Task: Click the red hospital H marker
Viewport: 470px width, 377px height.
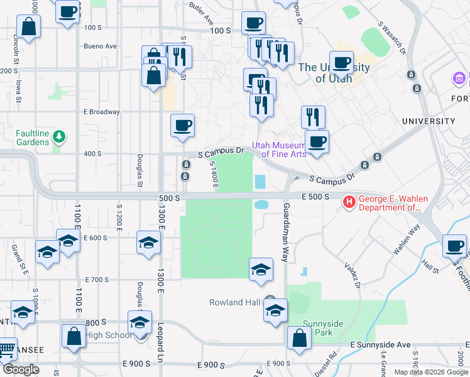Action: pyautogui.click(x=348, y=202)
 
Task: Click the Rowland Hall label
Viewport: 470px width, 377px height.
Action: pyautogui.click(x=234, y=302)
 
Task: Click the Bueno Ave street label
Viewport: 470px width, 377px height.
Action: pyautogui.click(x=101, y=46)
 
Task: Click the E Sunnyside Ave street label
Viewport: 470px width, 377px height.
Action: pyautogui.click(x=380, y=345)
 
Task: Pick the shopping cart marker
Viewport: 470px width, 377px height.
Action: pyautogui.click(x=6, y=349)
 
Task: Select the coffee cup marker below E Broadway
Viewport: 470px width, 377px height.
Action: pyautogui.click(x=182, y=126)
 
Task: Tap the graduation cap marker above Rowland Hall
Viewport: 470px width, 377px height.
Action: pyautogui.click(x=261, y=270)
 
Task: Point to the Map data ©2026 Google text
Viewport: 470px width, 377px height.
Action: pyautogui.click(x=430, y=372)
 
